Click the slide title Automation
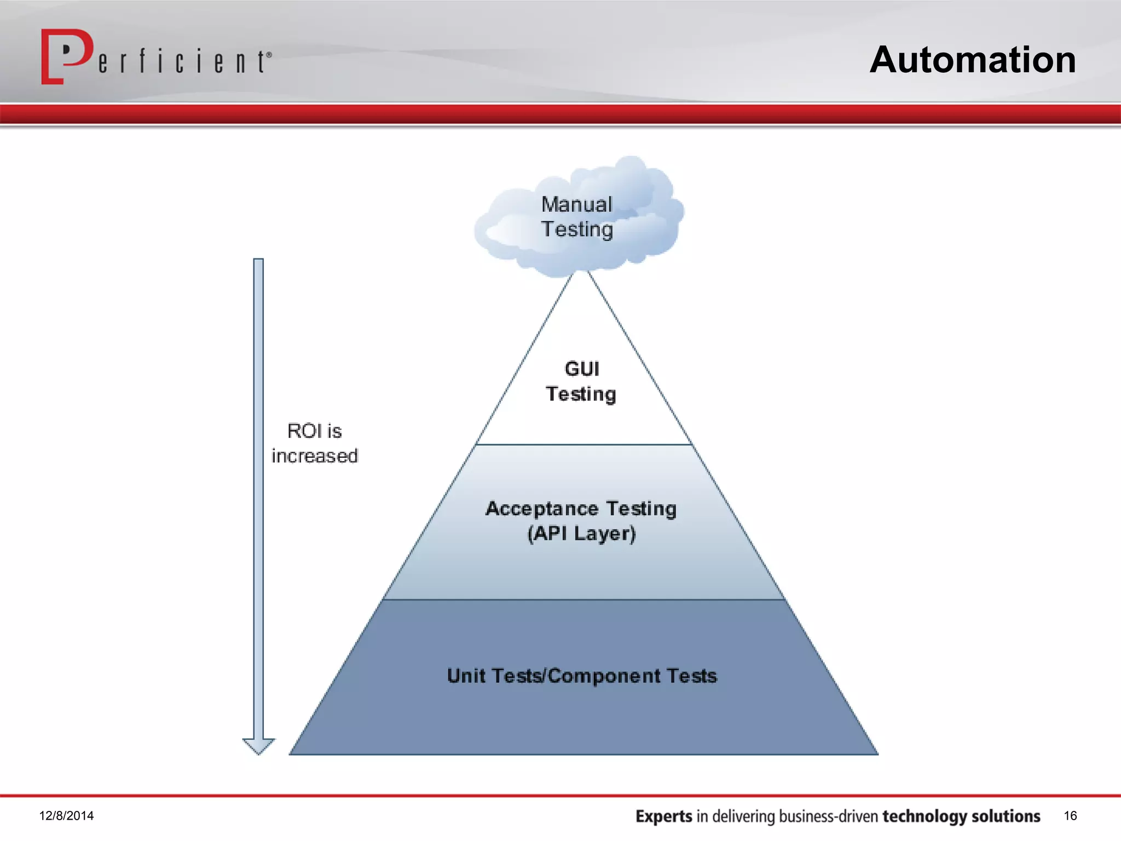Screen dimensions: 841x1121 [x=973, y=60]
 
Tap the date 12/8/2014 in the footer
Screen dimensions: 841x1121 [x=66, y=816]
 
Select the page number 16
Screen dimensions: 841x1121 [x=1070, y=816]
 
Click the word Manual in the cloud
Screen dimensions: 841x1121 [x=576, y=205]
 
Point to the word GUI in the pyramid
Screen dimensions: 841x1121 [x=582, y=369]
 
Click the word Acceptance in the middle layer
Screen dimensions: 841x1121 [x=542, y=509]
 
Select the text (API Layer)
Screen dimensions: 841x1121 [x=581, y=533]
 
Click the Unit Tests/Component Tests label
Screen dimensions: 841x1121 [x=582, y=676]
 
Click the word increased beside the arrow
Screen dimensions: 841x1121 [x=315, y=456]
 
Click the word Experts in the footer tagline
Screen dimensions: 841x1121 [x=663, y=816]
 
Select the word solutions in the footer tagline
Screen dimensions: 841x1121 [x=1006, y=816]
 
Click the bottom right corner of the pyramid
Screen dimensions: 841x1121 [x=876, y=754]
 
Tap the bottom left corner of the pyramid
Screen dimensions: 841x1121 [x=291, y=754]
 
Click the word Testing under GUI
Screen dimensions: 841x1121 [x=581, y=394]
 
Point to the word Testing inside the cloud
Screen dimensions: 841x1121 [x=577, y=229]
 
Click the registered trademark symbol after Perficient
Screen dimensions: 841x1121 [x=269, y=55]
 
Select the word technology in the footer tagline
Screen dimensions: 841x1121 [x=924, y=816]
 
